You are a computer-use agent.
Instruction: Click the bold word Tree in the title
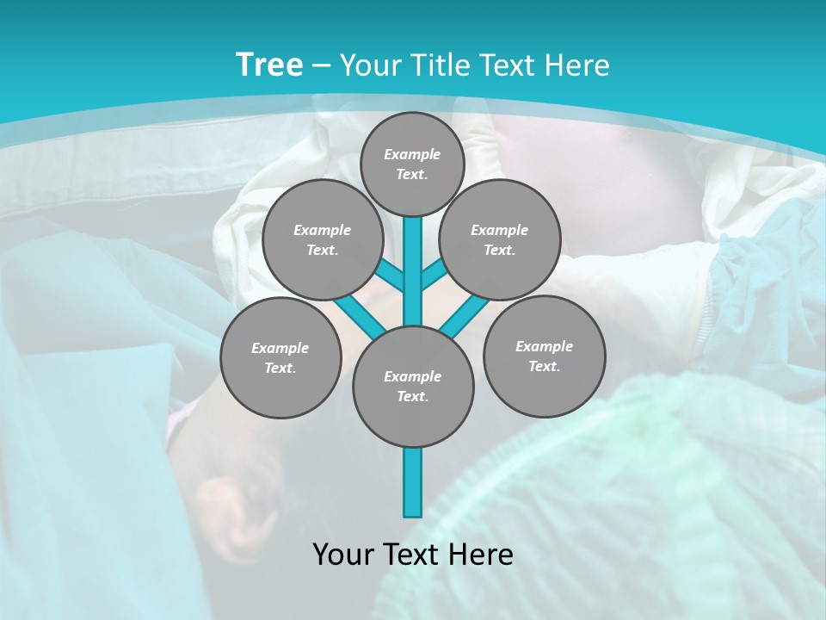(269, 65)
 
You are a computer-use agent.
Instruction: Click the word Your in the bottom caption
(343, 555)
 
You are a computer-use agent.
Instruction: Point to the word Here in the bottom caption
(479, 555)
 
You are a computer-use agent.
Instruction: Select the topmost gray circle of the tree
(412, 164)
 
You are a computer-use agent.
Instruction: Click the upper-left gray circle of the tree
(322, 239)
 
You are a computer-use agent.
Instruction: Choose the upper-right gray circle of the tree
(500, 239)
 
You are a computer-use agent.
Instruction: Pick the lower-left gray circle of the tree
(280, 357)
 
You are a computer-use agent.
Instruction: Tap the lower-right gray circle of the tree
(544, 356)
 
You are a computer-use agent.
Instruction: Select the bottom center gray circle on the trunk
(413, 386)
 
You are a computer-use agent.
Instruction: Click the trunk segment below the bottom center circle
(413, 482)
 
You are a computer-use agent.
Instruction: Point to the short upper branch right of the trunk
(434, 274)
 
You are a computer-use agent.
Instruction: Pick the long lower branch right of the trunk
(465, 315)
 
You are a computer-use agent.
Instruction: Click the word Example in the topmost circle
(412, 154)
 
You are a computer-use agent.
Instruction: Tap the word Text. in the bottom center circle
(412, 396)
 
